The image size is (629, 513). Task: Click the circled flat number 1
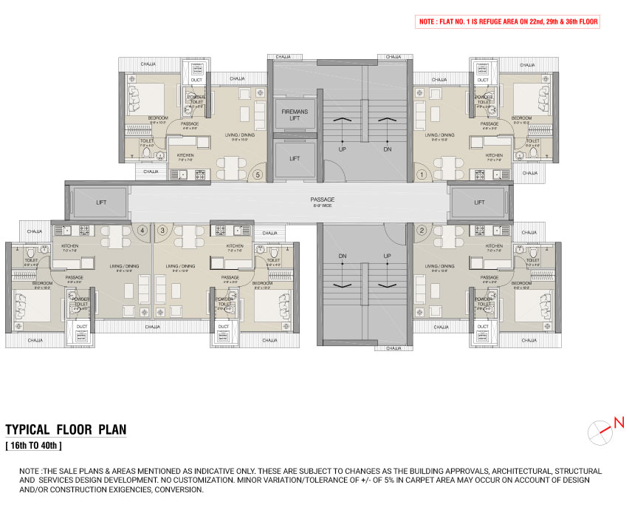coord(422,175)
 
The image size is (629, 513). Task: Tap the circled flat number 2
coord(422,230)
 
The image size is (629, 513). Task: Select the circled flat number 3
coord(162,230)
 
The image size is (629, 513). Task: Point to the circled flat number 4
coord(143,230)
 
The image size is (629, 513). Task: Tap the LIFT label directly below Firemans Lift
coord(295,158)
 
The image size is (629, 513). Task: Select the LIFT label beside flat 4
coord(101,202)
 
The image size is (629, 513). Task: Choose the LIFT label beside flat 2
coord(479,202)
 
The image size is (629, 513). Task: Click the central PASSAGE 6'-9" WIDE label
coord(322,202)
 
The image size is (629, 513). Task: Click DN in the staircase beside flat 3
coord(343,256)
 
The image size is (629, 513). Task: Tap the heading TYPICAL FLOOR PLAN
coord(66,429)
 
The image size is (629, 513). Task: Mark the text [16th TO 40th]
coord(34,446)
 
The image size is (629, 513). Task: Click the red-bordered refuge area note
coord(507,22)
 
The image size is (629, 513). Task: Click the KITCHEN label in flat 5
coord(185,156)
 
